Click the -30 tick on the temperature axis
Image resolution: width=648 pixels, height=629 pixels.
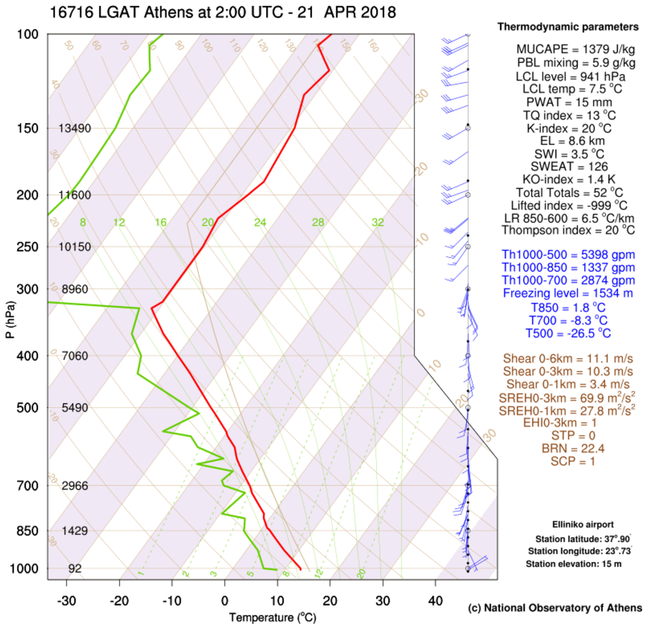pos(66,600)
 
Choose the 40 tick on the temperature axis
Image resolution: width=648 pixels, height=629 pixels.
pos(436,600)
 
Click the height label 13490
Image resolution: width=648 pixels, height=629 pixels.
pos(75,128)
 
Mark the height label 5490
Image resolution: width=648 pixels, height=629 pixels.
pos(75,407)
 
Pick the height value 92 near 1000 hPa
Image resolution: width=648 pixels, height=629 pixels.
pos(75,568)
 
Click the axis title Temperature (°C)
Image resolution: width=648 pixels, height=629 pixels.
pos(272,617)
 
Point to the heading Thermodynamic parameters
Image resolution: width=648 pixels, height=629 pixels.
pos(568,27)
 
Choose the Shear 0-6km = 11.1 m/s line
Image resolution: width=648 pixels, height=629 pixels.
pos(568,358)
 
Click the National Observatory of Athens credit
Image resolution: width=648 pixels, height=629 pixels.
pos(555,607)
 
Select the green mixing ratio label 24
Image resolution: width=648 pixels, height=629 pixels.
pos(260,222)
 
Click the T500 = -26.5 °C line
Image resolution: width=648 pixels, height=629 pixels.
pos(568,333)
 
